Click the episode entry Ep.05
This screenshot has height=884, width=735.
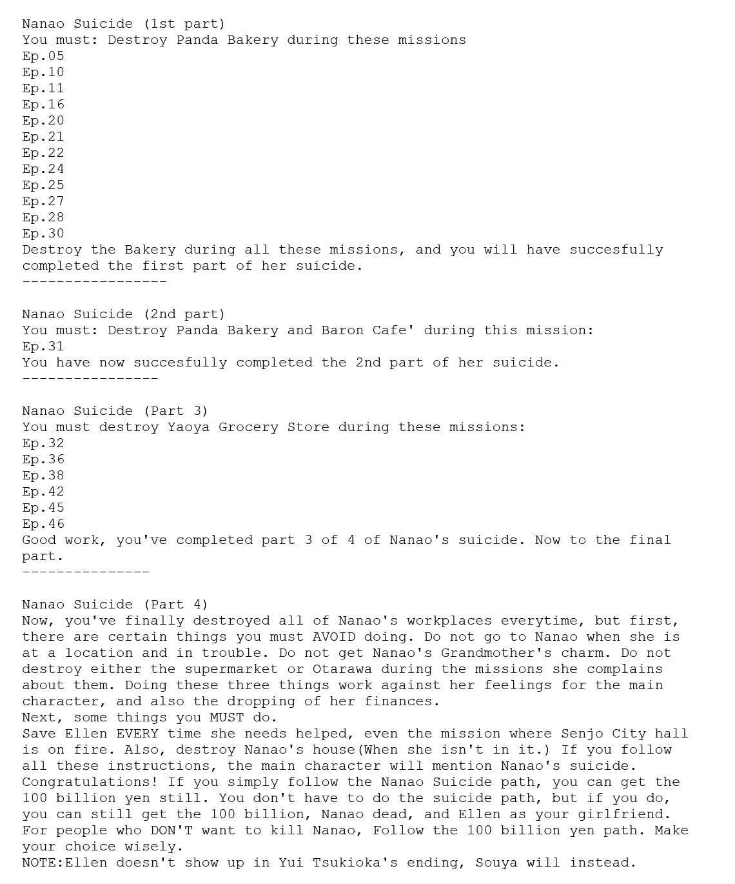point(43,56)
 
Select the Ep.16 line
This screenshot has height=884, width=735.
point(43,105)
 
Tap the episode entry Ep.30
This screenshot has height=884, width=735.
point(43,234)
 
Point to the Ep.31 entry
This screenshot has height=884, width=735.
point(43,347)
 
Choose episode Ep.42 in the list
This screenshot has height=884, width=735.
point(43,492)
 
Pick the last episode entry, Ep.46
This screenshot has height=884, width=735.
point(43,524)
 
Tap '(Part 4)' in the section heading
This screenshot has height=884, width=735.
point(176,605)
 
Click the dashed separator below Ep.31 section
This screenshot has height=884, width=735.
point(90,379)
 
